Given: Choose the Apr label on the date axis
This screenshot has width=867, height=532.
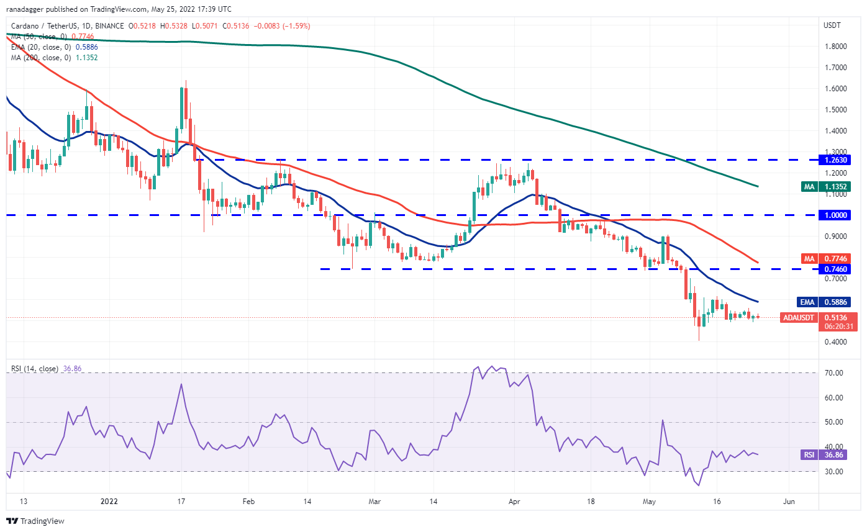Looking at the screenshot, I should [x=514, y=500].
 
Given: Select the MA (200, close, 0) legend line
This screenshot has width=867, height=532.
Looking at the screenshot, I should [x=52, y=57].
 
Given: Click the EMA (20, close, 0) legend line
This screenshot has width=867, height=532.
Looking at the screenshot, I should [x=53, y=47].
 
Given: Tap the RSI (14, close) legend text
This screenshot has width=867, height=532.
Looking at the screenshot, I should [x=34, y=369].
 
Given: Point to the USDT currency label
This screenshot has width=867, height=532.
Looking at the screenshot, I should [x=832, y=25].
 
